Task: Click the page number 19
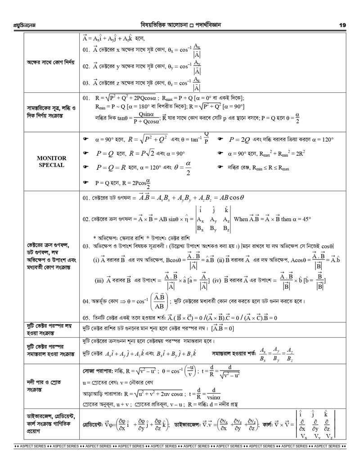pyautogui.click(x=342, y=25)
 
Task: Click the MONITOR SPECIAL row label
pyautogui.click(x=52, y=162)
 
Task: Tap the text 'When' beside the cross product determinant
pyautogui.click(x=242, y=218)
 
